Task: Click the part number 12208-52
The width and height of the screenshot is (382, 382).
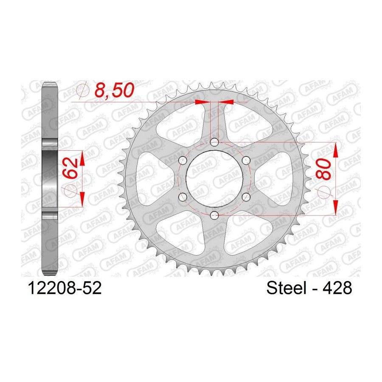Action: point(65,288)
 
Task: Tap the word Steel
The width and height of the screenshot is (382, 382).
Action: point(286,288)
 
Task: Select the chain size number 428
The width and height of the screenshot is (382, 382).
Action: point(337,288)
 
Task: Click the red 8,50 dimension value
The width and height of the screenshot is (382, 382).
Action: point(114,90)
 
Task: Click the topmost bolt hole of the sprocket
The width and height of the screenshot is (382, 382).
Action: point(214,142)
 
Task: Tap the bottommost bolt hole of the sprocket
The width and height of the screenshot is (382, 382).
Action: point(214,215)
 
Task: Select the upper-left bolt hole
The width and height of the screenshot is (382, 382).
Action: point(183,160)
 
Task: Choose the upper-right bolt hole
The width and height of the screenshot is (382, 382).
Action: point(246,160)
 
